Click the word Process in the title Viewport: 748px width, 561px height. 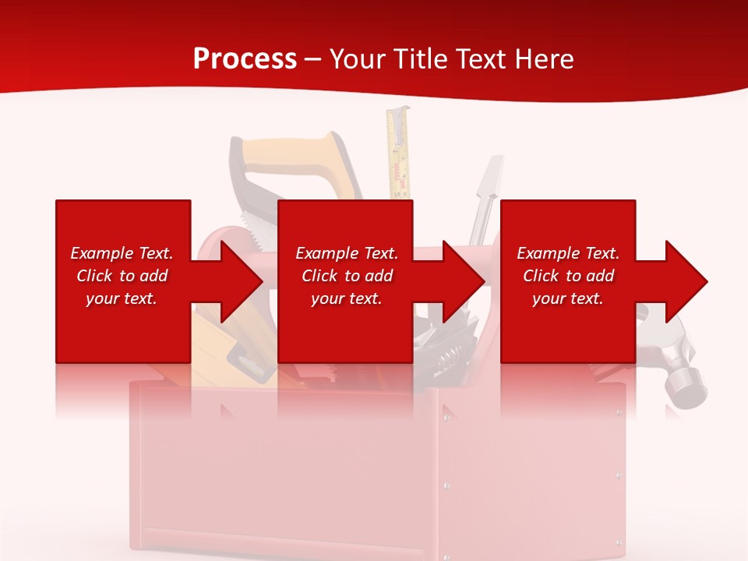pos(245,59)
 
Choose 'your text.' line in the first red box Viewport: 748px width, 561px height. pos(122,298)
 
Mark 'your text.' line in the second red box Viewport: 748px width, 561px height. pos(346,298)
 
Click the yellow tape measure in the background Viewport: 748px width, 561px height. pos(398,152)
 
